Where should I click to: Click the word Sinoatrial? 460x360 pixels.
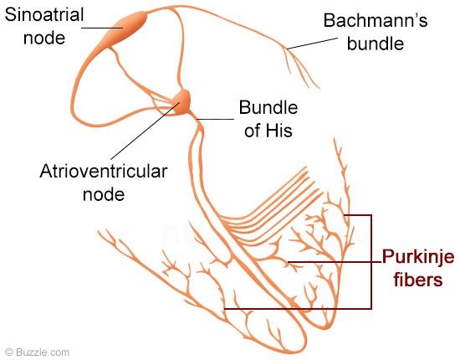click(44, 15)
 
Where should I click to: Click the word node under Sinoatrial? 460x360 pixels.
click(44, 39)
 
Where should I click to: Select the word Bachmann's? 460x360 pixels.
click(376, 21)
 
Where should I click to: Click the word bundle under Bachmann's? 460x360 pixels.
click(376, 44)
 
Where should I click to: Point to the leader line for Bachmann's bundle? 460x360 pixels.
click(312, 44)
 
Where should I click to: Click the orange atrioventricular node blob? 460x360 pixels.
click(181, 102)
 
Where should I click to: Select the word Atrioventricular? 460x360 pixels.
click(104, 171)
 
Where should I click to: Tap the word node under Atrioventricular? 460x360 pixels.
click(104, 194)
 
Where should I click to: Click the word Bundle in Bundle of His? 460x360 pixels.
click(268, 107)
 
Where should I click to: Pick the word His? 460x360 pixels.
click(279, 130)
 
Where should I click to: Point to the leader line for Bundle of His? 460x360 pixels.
click(216, 119)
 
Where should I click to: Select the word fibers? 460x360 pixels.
click(417, 280)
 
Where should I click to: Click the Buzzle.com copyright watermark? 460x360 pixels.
click(38, 352)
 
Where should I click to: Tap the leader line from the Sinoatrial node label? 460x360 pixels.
click(102, 28)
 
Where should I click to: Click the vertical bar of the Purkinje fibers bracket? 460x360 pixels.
click(371, 262)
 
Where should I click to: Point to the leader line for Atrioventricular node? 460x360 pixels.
click(146, 131)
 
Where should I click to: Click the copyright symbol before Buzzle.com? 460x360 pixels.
click(9, 352)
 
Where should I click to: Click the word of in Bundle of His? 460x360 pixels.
click(252, 130)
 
